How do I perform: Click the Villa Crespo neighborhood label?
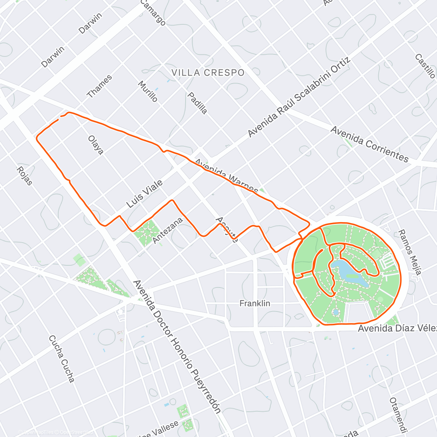[208, 73]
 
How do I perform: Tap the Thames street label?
[99, 87]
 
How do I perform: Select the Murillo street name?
[148, 91]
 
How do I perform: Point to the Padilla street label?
[197, 103]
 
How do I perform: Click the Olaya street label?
[96, 145]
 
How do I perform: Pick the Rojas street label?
[24, 176]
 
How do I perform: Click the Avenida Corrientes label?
[370, 144]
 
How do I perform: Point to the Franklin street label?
[255, 303]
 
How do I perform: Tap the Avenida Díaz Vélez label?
[397, 328]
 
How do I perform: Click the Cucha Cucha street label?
[62, 359]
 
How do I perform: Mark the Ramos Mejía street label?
[410, 252]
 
